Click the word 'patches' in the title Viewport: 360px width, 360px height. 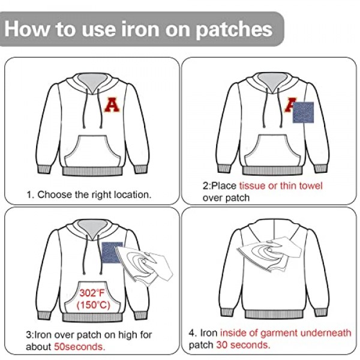tap(234, 29)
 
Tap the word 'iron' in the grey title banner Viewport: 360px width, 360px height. tap(140, 29)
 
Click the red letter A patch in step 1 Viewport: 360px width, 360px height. tap(112, 104)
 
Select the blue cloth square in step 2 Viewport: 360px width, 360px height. tap(303, 112)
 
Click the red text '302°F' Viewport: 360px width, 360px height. tap(92, 293)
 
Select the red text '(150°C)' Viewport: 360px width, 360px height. tap(93, 305)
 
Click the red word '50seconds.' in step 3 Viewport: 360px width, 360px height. tap(79, 347)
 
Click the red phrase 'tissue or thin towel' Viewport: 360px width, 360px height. tap(281, 186)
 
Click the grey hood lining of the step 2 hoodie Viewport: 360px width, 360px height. tap(272, 81)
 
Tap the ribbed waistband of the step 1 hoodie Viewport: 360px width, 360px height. tap(92, 171)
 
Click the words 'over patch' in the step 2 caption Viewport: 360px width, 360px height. tap(226, 198)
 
